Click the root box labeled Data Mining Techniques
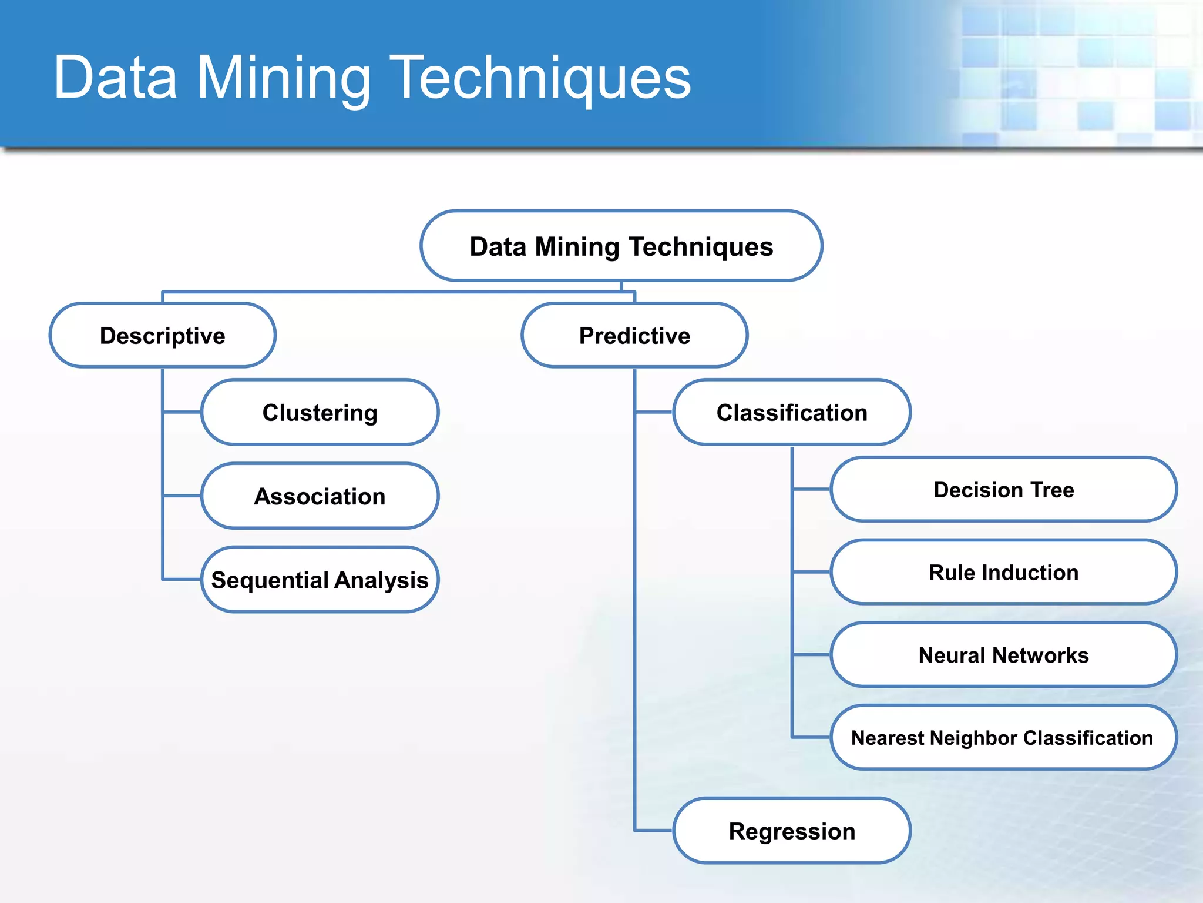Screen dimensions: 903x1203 point(621,246)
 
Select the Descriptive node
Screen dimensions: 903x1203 point(163,336)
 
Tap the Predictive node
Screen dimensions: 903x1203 point(634,336)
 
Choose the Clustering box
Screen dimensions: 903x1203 point(320,413)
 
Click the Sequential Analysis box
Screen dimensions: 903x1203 point(320,580)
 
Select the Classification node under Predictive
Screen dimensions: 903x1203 point(792,413)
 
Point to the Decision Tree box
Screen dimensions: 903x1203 point(1003,490)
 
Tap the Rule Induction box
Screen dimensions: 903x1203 point(1003,573)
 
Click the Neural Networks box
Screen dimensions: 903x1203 point(1003,655)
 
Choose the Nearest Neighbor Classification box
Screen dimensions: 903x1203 point(1003,738)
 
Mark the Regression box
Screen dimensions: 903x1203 point(792,831)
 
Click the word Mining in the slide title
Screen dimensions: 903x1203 point(284,78)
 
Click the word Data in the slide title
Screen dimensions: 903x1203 point(115,78)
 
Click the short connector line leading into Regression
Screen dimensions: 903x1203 point(654,830)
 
